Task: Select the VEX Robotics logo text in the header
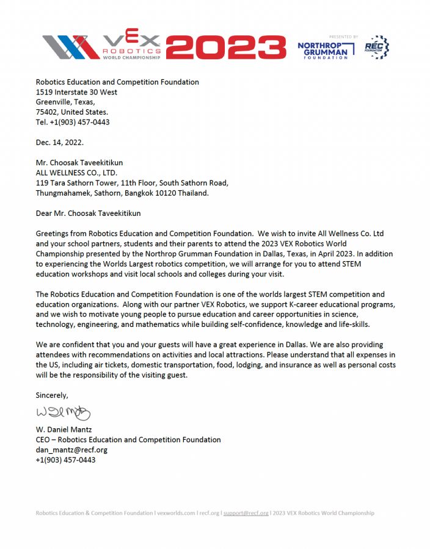tap(131, 46)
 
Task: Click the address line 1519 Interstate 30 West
tap(77, 92)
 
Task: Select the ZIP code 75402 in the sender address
tap(48, 112)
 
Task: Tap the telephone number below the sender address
tap(73, 122)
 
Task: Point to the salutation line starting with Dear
tap(92, 213)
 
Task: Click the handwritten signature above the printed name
tap(63, 413)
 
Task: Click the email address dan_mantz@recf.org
tap(71, 450)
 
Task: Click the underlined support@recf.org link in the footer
tap(246, 513)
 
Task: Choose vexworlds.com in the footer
tap(176, 513)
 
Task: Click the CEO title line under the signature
tap(128, 440)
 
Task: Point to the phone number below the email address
tap(65, 460)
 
